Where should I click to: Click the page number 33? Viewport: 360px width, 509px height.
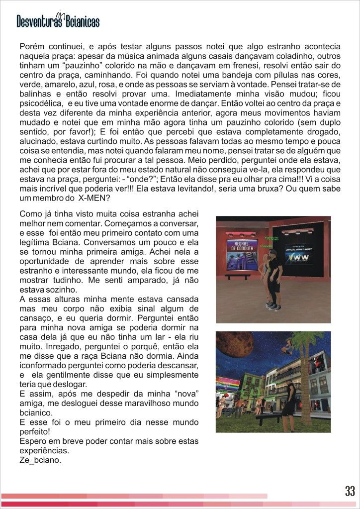(x=350, y=491)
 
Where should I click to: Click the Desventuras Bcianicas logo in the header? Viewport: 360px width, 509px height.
(x=58, y=20)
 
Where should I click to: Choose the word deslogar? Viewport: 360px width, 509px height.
(x=67, y=384)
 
